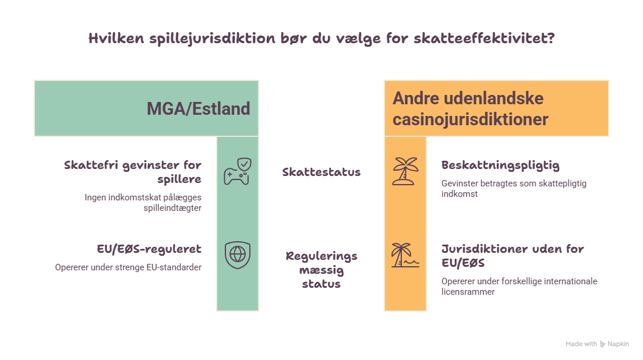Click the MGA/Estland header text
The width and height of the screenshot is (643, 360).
point(198,109)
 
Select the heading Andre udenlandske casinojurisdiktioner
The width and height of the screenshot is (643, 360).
point(471,109)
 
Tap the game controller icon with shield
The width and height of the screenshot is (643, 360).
point(238,171)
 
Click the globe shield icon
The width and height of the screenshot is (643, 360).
point(238,255)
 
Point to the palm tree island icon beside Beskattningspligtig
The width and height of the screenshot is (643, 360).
point(405,171)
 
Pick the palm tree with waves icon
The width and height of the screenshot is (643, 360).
point(405,255)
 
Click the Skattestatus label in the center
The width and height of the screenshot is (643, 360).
point(321,172)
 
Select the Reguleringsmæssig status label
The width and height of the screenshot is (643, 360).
point(321,270)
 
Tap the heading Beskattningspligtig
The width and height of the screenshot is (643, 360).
point(500,165)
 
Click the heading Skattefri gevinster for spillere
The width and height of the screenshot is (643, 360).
point(132,172)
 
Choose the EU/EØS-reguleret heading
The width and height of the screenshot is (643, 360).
point(149,249)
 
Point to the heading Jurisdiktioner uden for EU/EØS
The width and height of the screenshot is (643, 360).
point(513,256)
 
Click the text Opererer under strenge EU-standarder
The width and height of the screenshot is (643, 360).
point(128,267)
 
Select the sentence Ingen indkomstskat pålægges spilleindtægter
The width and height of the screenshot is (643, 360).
point(143,203)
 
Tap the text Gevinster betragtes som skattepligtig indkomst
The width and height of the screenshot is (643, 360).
point(514,189)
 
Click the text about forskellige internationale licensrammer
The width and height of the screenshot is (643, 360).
point(519,286)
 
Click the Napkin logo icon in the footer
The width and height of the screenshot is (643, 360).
point(602,344)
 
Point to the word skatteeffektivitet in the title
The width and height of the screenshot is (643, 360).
point(484,38)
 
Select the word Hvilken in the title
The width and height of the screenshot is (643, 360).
point(116,38)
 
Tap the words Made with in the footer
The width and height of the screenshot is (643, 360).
point(581,344)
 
